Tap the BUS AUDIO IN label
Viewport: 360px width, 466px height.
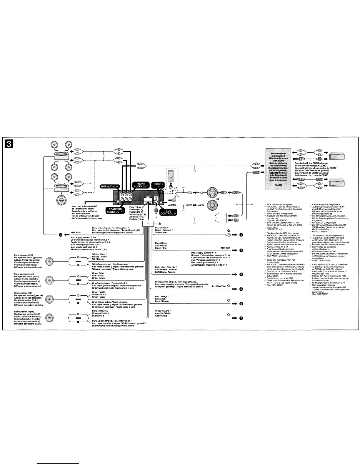point(110,187)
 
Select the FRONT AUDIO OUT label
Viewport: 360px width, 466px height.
point(141,185)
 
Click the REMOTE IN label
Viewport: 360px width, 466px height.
point(158,185)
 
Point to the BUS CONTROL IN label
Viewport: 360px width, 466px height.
point(168,212)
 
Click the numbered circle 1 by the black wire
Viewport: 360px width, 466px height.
point(241,235)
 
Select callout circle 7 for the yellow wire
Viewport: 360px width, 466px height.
point(241,318)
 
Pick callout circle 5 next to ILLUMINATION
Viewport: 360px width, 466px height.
point(241,289)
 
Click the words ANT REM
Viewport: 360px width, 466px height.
point(225,248)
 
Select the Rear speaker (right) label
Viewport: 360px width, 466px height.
point(24,312)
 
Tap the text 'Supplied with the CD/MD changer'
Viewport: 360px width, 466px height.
point(311,163)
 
